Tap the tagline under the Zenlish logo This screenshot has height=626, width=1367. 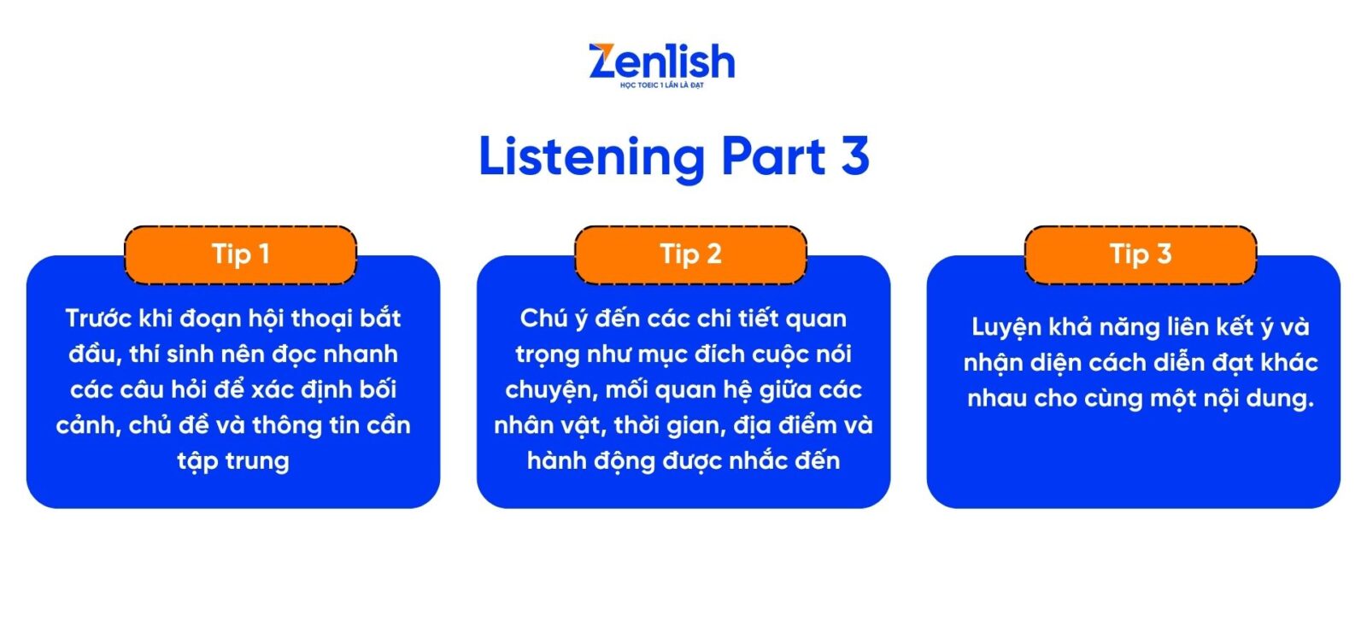(x=662, y=85)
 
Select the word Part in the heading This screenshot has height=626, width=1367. (x=774, y=157)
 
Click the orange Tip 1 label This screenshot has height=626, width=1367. (x=240, y=254)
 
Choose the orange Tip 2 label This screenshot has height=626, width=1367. (x=691, y=254)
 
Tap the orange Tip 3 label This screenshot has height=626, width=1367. (x=1141, y=254)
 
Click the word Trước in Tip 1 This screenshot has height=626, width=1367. (x=98, y=319)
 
